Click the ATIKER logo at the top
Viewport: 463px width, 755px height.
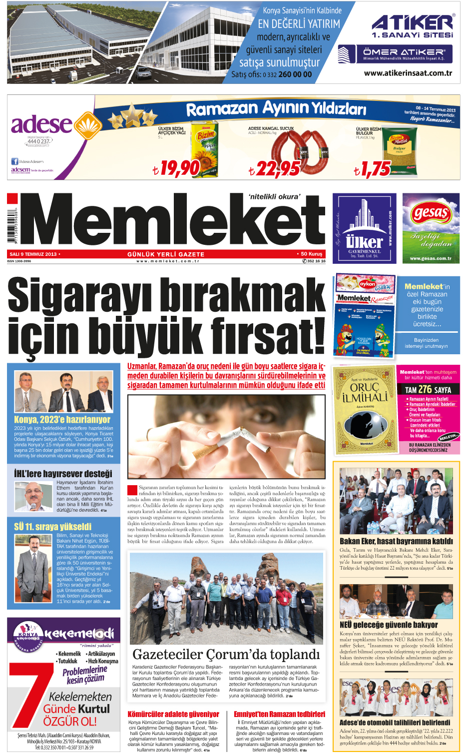412,23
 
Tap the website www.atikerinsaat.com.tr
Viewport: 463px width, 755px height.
408,73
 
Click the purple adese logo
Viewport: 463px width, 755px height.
42,124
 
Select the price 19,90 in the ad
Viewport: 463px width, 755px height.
176,168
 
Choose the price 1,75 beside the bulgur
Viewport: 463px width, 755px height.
372,169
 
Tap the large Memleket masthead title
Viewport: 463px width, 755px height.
172,220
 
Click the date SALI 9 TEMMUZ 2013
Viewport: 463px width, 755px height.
33,254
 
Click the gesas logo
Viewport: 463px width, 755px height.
431,213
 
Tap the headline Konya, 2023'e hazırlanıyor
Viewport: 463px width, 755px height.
62,420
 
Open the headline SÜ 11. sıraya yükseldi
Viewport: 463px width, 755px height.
52,527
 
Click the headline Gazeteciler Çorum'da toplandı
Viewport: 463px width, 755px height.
226,654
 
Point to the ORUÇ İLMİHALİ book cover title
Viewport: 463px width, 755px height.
365,392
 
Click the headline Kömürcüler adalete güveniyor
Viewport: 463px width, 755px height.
173,715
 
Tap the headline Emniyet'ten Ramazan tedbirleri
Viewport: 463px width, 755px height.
279,715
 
